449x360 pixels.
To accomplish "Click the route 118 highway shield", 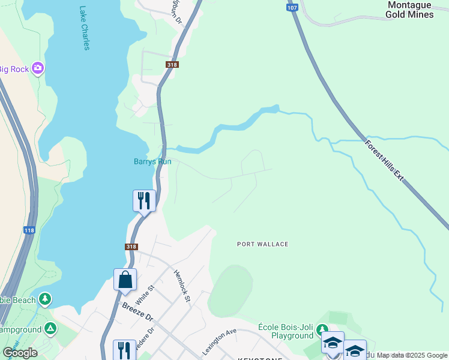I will [x=29, y=230].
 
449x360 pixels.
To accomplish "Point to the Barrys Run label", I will [x=152, y=161].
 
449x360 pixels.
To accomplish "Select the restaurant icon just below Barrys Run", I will [x=144, y=200].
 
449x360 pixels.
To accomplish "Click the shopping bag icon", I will [x=125, y=280].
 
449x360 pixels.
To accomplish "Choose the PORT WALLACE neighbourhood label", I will [x=262, y=244].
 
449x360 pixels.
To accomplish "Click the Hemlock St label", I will [x=182, y=286].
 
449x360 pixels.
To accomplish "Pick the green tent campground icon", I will [x=50, y=328].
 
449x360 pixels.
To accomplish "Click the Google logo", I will [x=20, y=353].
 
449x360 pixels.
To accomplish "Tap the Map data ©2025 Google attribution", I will [x=412, y=355].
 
